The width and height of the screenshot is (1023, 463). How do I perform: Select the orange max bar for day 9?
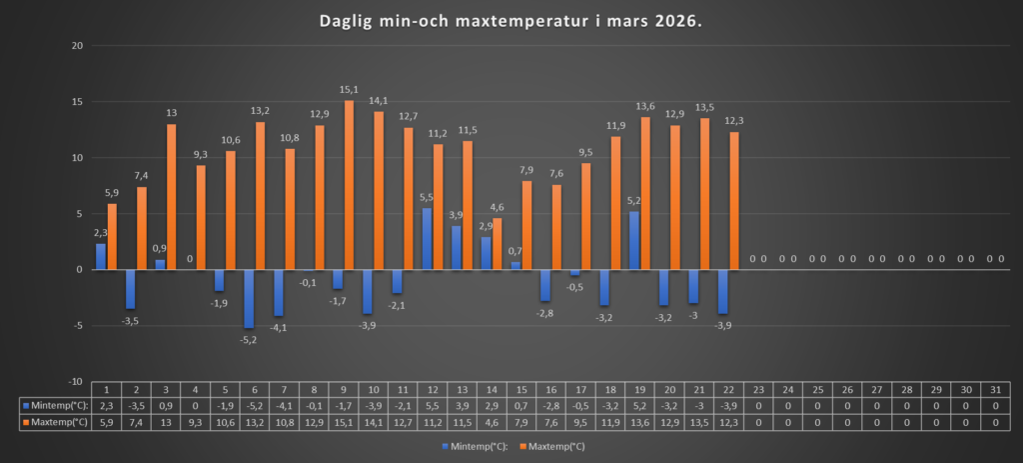point(349,185)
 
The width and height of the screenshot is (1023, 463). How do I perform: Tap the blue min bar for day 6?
point(249,298)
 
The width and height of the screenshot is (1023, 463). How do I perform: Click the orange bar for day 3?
point(172,196)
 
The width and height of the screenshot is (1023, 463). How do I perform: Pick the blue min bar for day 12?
point(427,239)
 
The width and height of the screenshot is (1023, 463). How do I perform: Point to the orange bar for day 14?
point(498,243)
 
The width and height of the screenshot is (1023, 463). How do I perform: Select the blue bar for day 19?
point(633,240)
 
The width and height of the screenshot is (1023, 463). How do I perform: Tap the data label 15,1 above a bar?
point(349,90)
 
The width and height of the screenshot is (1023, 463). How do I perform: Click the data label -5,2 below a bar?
point(248,339)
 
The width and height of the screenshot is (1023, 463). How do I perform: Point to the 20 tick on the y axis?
point(75,46)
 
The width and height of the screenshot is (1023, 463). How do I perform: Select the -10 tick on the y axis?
point(73,381)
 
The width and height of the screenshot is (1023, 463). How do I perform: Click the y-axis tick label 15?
point(75,102)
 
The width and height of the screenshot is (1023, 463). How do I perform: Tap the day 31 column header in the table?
point(995,389)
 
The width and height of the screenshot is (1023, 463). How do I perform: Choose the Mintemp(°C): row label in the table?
point(54,405)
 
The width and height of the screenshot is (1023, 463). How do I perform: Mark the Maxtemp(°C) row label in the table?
point(54,421)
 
